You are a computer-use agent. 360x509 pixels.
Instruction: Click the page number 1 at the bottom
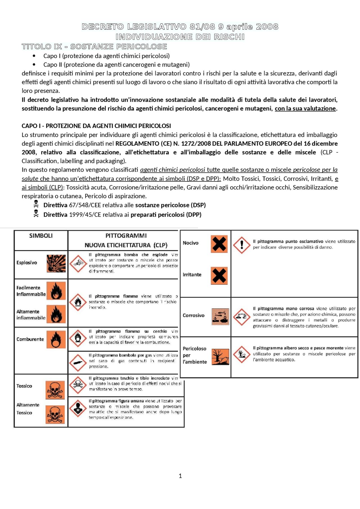tap(180, 476)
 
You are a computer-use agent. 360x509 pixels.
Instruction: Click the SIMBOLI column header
tap(41, 236)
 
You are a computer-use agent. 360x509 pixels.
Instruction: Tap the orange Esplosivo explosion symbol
tap(56, 263)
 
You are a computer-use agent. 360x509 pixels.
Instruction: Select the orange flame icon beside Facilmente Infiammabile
tap(56, 291)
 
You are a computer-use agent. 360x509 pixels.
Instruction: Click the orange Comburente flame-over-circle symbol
tap(56, 339)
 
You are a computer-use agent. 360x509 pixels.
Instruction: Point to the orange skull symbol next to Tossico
tap(55, 390)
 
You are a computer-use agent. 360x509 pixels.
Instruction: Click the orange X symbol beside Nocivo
tap(219, 244)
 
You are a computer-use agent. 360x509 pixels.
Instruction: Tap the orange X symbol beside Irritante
tap(219, 276)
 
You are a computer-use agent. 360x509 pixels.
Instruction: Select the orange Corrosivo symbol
tap(220, 316)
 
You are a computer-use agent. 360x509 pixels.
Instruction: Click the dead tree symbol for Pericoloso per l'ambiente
tap(220, 357)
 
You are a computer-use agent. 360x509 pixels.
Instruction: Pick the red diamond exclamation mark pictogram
tap(242, 245)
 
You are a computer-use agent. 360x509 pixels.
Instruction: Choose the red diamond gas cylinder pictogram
tap(78, 363)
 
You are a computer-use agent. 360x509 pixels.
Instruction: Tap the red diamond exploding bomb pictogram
tap(78, 263)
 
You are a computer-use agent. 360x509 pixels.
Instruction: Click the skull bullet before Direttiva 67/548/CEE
tap(36, 204)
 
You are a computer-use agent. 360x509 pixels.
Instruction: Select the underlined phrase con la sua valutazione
tap(305, 108)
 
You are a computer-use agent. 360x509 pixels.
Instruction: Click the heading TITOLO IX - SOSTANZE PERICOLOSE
tap(94, 46)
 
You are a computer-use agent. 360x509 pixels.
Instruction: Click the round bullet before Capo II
tap(34, 65)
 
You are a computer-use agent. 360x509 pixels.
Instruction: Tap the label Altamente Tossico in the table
tap(28, 409)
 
